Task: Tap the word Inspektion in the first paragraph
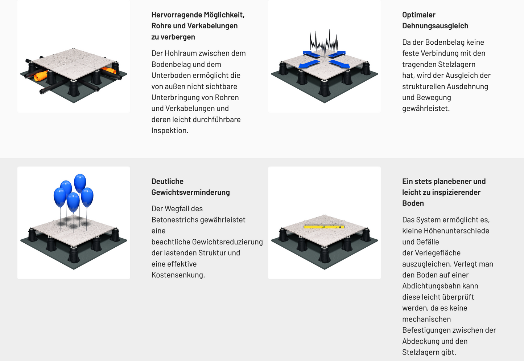point(169,130)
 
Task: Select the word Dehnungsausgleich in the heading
point(435,26)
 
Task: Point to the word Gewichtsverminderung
point(190,192)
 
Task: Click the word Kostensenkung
point(178,275)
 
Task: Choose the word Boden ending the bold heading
point(413,203)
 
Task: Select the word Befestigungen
point(426,330)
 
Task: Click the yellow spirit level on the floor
point(324,227)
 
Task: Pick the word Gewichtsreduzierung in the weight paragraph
point(227,242)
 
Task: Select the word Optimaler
point(418,15)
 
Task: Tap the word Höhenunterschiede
point(458,231)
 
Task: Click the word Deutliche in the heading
point(167,181)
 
